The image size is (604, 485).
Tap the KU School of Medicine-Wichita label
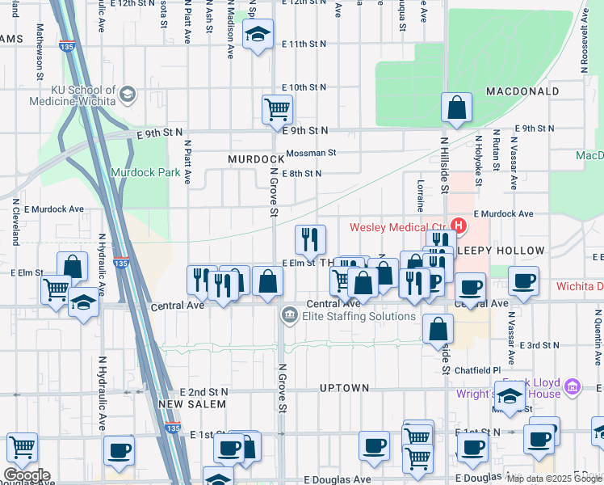[x=73, y=95]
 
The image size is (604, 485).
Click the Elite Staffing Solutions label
[x=359, y=316]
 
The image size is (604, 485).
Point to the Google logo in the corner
[x=26, y=475]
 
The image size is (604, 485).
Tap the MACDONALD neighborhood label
[x=522, y=91]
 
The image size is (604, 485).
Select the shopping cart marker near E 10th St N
[x=277, y=109]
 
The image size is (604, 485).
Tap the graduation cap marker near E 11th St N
[x=258, y=36]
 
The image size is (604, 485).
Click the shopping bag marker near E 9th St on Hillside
[x=456, y=108]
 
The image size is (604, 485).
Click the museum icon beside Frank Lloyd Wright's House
[x=573, y=387]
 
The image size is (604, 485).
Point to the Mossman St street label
[x=308, y=152]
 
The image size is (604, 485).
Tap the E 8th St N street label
[x=301, y=173]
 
